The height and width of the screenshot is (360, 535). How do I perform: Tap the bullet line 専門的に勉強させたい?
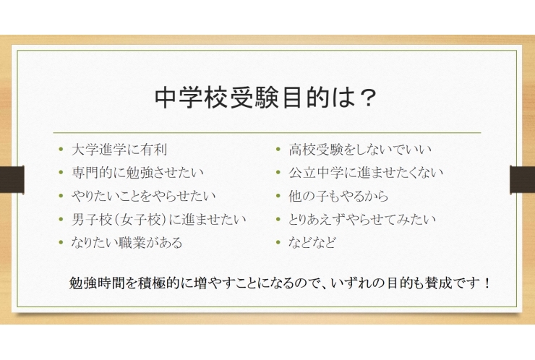pos(138,173)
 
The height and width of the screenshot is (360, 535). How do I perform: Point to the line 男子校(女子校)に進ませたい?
pos(159,219)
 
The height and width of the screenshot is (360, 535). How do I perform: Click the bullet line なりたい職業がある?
pos(127,242)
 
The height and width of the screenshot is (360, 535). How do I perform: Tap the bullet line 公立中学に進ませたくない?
pos(366,173)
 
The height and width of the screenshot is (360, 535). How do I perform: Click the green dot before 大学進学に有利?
pos(61,151)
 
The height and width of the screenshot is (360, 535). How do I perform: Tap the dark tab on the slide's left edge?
pos(12,179)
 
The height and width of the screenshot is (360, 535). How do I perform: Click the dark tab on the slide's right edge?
pos(522,179)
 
